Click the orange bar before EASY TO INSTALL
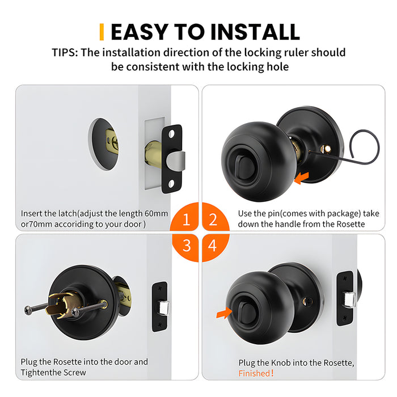click(x=102, y=32)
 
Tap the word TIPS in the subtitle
click(x=64, y=53)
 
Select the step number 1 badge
click(x=186, y=220)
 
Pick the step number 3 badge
click(x=186, y=246)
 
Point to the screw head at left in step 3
click(x=28, y=309)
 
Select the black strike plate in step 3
click(x=159, y=307)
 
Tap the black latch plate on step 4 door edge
click(x=344, y=298)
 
